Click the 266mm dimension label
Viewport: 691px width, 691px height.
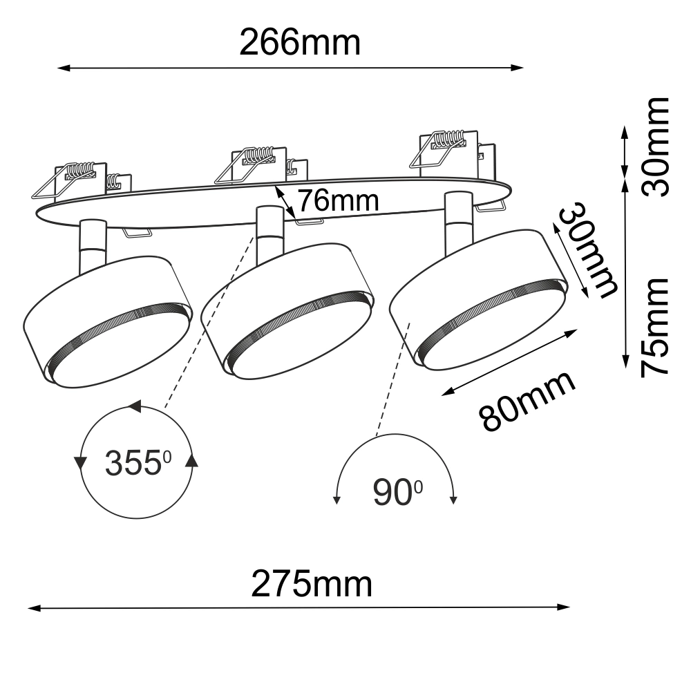(300, 43)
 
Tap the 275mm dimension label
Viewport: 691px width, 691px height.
(312, 585)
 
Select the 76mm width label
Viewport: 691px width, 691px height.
(339, 200)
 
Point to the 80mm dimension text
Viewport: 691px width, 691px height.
(527, 401)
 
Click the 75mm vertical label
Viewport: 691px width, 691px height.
(655, 328)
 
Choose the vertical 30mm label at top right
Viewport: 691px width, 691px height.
(655, 146)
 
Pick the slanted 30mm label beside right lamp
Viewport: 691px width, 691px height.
(587, 250)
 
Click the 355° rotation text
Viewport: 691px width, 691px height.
(138, 463)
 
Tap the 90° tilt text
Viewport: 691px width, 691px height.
(397, 492)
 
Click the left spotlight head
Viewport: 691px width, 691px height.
(108, 322)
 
